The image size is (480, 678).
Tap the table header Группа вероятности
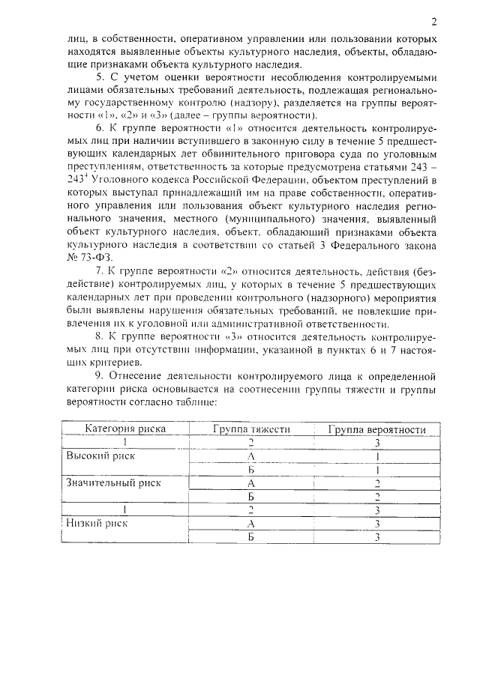378,429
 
